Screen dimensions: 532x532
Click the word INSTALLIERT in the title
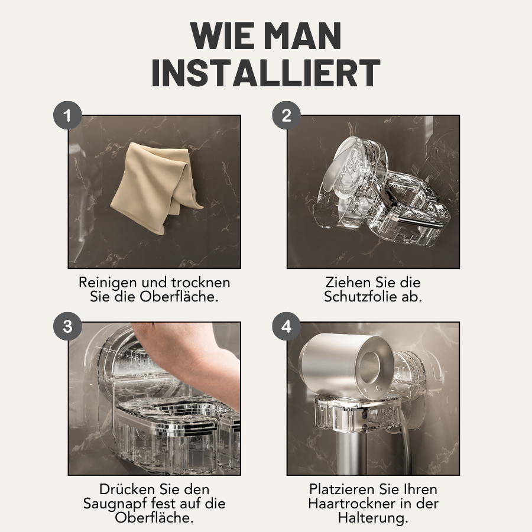click(265, 73)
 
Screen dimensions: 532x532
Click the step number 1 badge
click(67, 115)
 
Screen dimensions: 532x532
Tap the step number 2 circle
click(286, 115)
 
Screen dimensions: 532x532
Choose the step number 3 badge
click(67, 326)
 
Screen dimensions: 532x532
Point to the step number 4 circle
click(286, 326)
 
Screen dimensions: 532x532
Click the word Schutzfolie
click(361, 297)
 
